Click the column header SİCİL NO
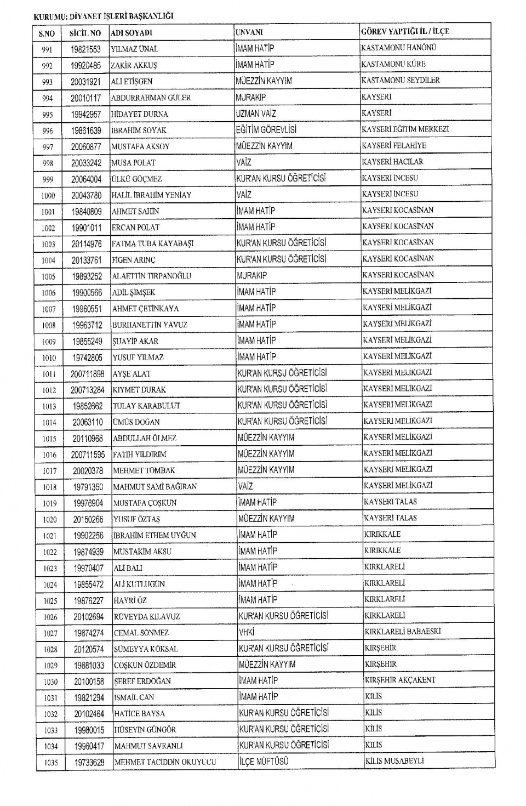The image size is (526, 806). coord(85,33)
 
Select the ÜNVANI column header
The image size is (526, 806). coord(249,32)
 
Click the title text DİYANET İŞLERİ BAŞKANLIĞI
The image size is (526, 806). coord(121,16)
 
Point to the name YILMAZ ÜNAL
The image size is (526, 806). coord(134,49)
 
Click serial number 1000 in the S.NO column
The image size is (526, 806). coord(48,196)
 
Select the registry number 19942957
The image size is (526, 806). coord(86,114)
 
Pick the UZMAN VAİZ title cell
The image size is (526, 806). coord(256,113)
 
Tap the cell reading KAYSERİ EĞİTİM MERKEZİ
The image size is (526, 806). coord(405,129)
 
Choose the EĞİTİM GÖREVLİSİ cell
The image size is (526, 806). coord(266,130)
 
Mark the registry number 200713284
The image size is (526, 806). coord(88,390)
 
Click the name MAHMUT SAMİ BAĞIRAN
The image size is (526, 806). coord(155,487)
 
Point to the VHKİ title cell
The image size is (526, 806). coord(247,632)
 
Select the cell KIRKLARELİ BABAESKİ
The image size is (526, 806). coord(402,632)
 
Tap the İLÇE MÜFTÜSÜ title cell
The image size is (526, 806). coord(263,762)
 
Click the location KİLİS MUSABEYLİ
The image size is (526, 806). coord(395,761)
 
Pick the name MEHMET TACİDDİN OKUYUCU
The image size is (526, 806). coord(165,762)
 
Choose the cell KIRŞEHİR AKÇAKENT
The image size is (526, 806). coord(400,680)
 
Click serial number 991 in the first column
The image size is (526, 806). coord(47,50)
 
